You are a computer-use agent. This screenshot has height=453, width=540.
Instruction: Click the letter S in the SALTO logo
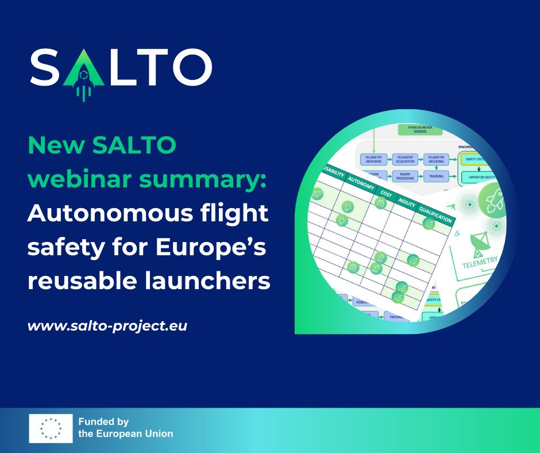click(47, 66)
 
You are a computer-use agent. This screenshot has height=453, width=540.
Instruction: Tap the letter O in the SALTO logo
click(190, 66)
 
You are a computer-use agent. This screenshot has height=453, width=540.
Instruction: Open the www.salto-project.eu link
click(107, 325)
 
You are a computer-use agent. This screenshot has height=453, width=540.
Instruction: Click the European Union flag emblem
click(51, 428)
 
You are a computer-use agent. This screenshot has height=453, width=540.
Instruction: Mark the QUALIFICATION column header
click(437, 214)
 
